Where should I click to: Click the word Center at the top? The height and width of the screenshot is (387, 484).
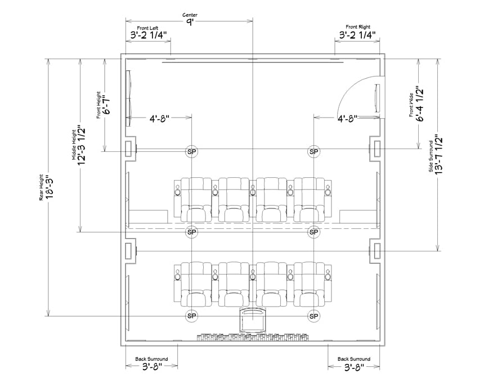(x=190, y=15)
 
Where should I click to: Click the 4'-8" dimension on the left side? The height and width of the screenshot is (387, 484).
(x=159, y=119)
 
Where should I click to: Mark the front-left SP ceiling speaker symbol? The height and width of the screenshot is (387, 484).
(x=192, y=151)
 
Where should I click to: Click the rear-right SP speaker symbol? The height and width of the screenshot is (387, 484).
(x=313, y=316)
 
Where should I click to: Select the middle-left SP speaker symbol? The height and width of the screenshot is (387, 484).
(x=192, y=232)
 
